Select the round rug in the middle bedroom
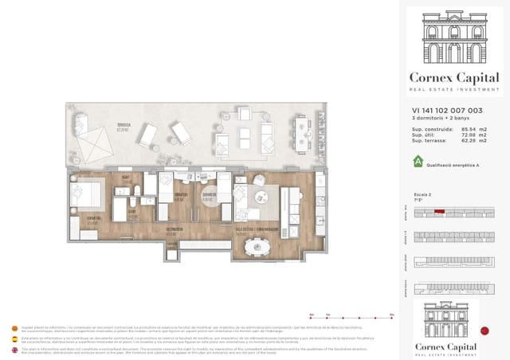point(210,198)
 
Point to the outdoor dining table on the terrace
point(301,133)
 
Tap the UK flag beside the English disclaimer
point(14,350)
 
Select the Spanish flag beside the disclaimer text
point(14,338)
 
